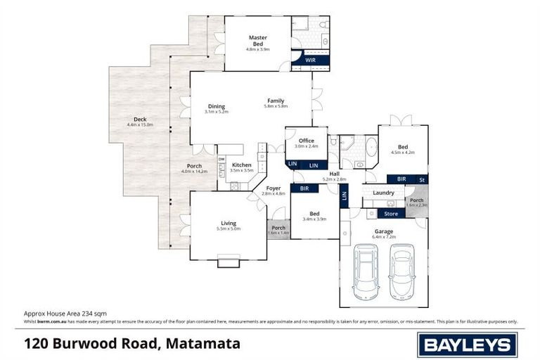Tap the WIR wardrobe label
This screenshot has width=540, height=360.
310,60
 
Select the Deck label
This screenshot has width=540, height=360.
140,120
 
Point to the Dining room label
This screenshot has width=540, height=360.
216,107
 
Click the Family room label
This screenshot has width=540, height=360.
276,101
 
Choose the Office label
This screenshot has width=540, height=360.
306,141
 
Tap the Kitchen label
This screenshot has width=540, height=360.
241,165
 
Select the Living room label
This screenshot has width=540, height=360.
230,224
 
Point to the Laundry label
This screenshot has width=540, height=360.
383,193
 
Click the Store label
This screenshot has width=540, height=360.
391,214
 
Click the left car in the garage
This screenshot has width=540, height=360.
366,271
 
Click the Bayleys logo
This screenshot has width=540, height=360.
467,344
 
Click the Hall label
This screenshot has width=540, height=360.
335,174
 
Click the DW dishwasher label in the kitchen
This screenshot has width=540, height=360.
221,160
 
